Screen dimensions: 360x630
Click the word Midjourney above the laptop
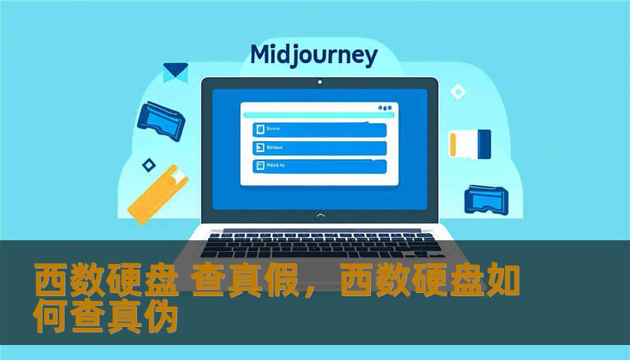[313, 55]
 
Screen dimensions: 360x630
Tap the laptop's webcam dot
[319, 81]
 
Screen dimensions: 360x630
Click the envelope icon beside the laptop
[175, 72]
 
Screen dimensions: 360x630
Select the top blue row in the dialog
[319, 129]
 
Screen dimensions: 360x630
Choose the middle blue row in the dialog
[319, 147]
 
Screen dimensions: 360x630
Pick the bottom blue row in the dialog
[319, 166]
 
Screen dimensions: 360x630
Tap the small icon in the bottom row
[258, 166]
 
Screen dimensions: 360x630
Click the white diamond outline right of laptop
[458, 92]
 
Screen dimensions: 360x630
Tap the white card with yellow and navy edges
[470, 143]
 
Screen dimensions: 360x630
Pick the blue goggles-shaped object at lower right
[488, 200]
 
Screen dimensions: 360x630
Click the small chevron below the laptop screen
[319, 214]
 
